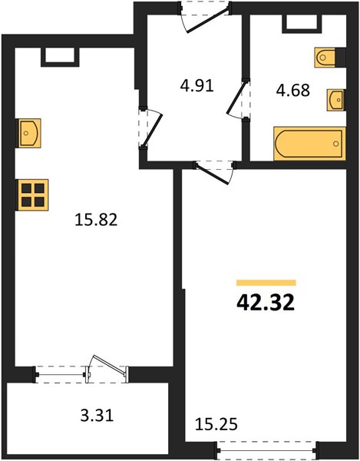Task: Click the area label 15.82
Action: tap(96, 220)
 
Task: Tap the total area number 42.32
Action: tap(266, 303)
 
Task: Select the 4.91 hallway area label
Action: tap(197, 86)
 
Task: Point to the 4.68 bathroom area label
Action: tap(292, 90)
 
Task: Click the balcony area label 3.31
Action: tap(97, 416)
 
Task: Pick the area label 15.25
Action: tap(216, 425)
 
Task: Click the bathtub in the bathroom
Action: tap(309, 144)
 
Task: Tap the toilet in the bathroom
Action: tap(325, 58)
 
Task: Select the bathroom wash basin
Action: tap(336, 100)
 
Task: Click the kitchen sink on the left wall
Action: tap(28, 133)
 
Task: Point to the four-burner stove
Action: tap(33, 195)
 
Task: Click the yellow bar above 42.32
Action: tap(266, 283)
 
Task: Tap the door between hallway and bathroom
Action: tap(237, 99)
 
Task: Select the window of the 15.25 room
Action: tap(266, 450)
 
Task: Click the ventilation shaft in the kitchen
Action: tap(60, 57)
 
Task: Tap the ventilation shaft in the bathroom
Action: tap(302, 24)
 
